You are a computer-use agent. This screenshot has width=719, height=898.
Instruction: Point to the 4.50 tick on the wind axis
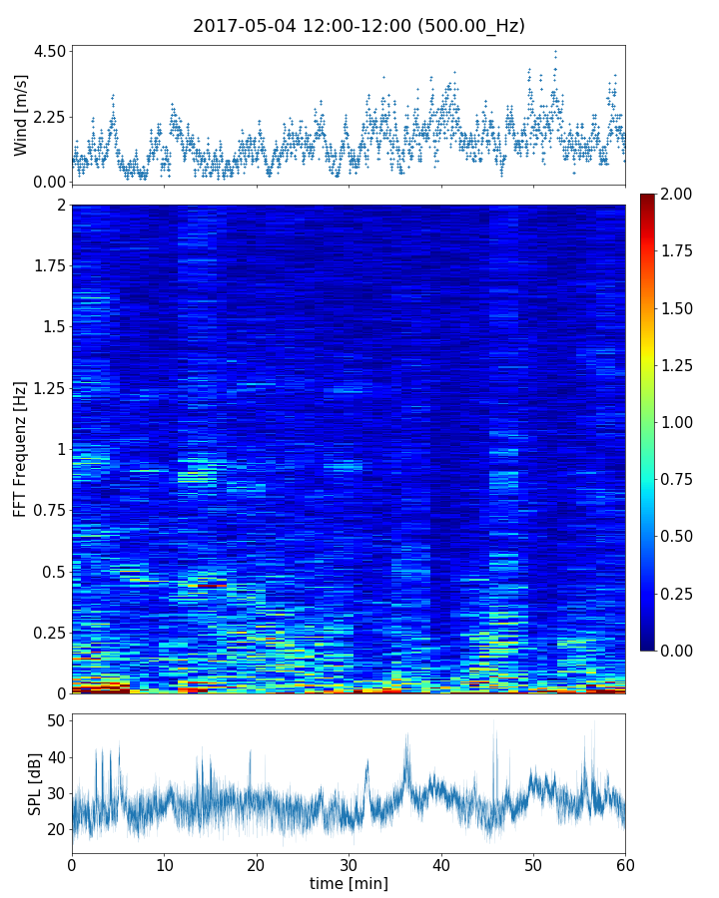pyautogui.click(x=50, y=51)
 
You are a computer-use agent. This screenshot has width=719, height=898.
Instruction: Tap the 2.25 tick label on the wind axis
pyautogui.click(x=50, y=117)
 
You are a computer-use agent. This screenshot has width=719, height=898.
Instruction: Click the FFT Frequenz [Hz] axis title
pyautogui.click(x=21, y=448)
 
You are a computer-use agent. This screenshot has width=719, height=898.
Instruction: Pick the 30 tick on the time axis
pyautogui.click(x=349, y=864)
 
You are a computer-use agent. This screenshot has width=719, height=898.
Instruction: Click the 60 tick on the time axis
pyautogui.click(x=625, y=864)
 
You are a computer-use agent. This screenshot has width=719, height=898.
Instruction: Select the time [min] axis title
pyautogui.click(x=349, y=884)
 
